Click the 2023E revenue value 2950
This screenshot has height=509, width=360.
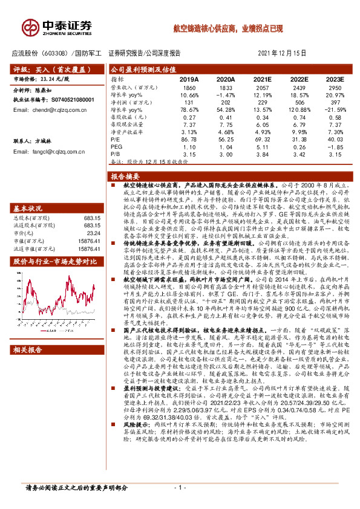334,88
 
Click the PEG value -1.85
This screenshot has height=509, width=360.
334,148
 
